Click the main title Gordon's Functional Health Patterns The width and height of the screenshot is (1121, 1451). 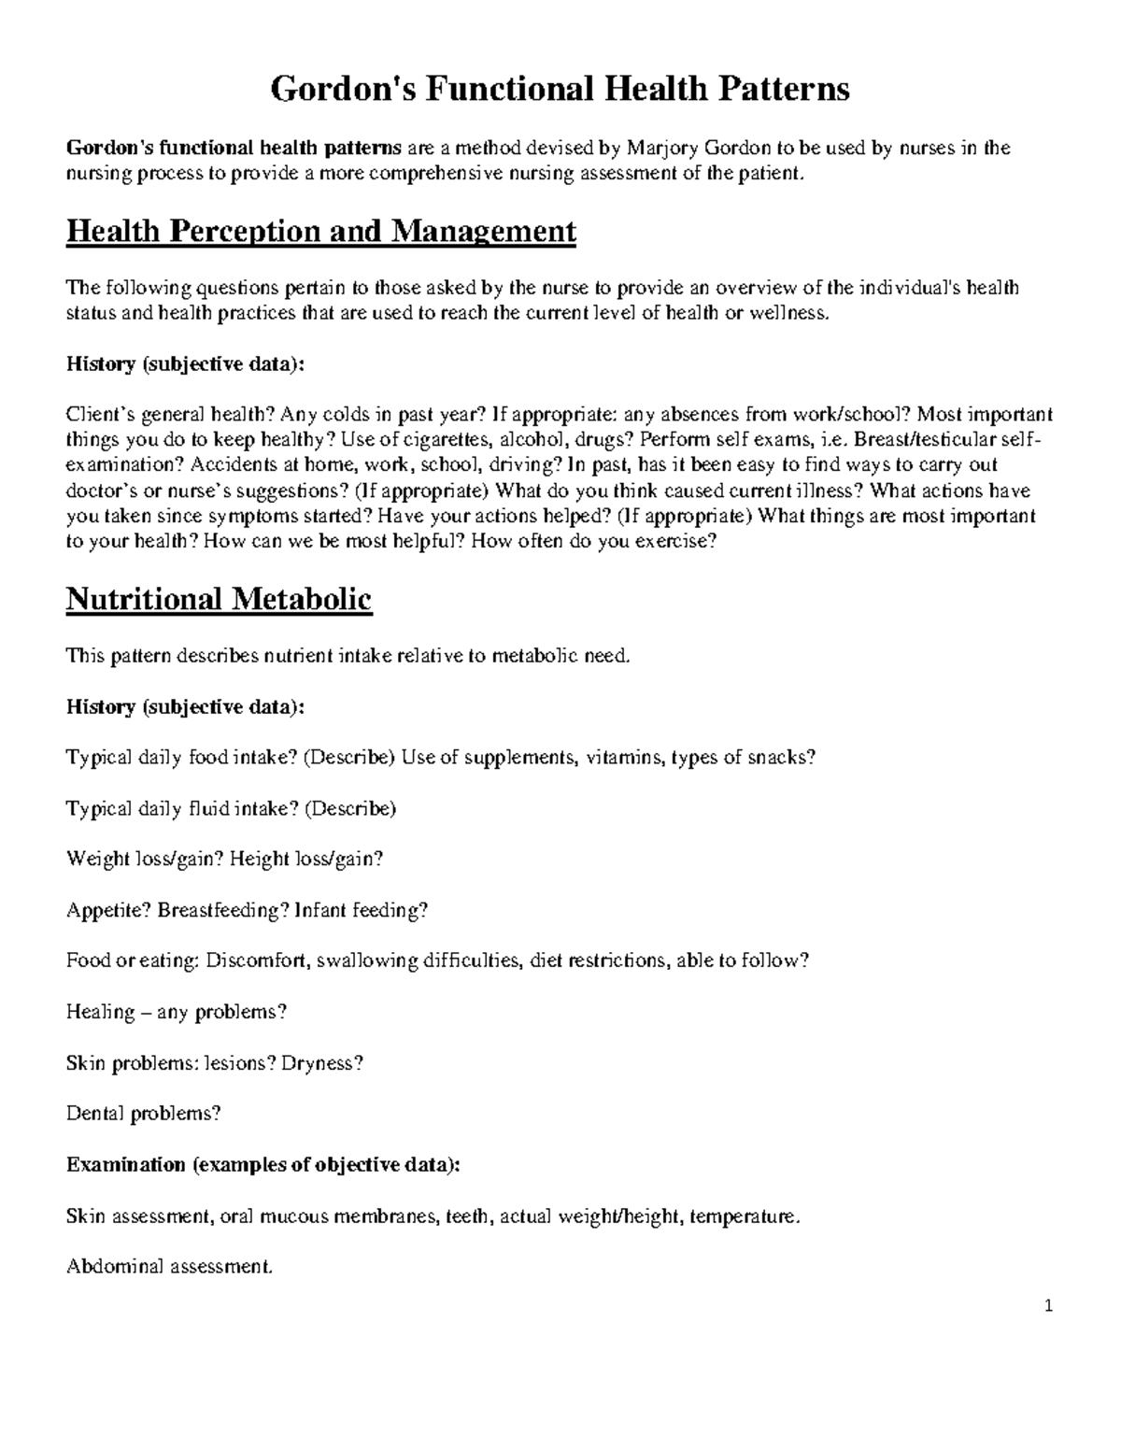[x=560, y=89]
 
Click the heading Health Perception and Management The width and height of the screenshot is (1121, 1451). [x=320, y=231]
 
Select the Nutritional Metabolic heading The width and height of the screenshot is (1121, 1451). [x=219, y=599]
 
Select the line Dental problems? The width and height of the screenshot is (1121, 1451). [x=143, y=1114]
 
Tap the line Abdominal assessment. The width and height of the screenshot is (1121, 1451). [x=169, y=1267]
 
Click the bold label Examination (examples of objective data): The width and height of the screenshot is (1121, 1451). [x=263, y=1165]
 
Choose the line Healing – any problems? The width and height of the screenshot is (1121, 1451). [x=177, y=1012]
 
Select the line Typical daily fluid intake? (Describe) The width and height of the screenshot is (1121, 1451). [x=231, y=808]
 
